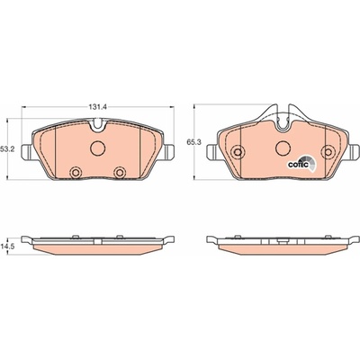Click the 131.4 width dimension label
pos(98,107)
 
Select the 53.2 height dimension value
pos(7,148)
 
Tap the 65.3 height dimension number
pos(193,143)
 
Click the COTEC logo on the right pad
pos(301,164)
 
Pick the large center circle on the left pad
pos(98,148)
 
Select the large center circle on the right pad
pos(283,148)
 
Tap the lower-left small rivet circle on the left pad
pos(76,173)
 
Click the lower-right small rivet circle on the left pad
pos(120,173)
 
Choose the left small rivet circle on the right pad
pos(238,152)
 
